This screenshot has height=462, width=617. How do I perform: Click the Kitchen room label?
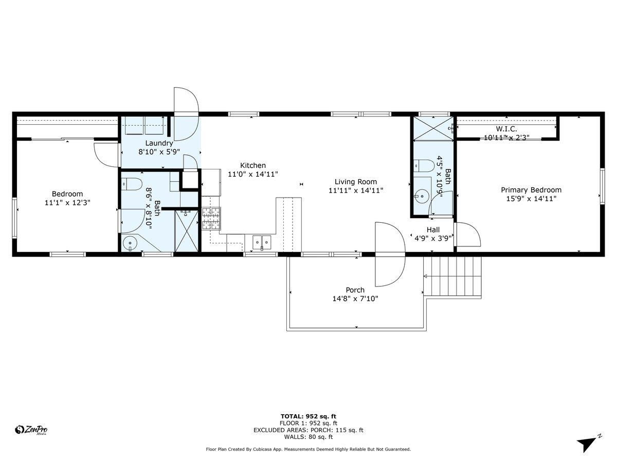coord(252,165)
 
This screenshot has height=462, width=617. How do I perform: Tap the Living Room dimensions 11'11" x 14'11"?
coord(356,191)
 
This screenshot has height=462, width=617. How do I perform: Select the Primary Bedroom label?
coord(531,190)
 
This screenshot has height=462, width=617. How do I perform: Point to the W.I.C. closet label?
coord(506,129)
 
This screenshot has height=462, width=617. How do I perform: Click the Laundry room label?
coord(159,143)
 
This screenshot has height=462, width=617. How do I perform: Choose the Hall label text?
coord(433,230)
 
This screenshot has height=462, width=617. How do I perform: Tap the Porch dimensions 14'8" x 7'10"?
coord(355,298)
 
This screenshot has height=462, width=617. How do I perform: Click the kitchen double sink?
coord(262,242)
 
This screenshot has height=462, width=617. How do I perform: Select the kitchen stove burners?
coord(211,218)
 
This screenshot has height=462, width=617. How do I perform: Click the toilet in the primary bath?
coord(424,165)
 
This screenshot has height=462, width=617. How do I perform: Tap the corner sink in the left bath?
coord(130,242)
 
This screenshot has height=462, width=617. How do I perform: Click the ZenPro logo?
coord(31,430)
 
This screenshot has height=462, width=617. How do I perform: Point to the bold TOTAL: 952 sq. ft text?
coord(308,416)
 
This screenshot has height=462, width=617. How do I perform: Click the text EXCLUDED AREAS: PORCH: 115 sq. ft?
coord(308,430)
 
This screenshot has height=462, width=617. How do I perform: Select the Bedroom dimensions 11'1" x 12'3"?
coord(67,203)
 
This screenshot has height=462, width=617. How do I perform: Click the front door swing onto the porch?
coord(390,255)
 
